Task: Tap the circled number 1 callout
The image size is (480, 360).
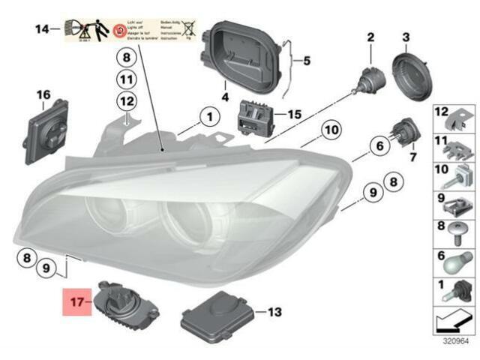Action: tap(205, 117)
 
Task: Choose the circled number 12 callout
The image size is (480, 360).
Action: tap(126, 100)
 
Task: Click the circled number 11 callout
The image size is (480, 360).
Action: tap(126, 79)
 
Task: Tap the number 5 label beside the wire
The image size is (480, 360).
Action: tap(305, 61)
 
